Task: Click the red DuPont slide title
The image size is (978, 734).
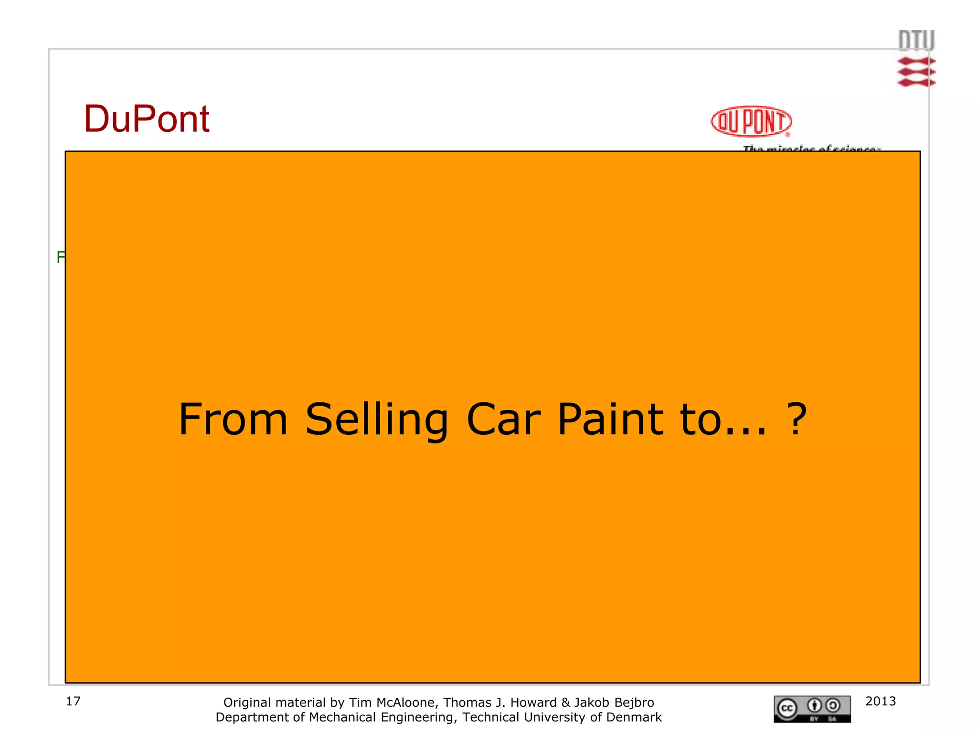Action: click(x=147, y=119)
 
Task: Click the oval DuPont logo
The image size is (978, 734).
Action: click(x=751, y=121)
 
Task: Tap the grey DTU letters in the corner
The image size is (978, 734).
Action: click(x=916, y=41)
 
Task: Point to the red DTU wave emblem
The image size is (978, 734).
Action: click(x=916, y=72)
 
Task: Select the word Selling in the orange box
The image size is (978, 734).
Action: click(x=377, y=419)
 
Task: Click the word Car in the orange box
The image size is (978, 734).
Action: click(x=503, y=419)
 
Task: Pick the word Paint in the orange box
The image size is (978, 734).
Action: click(x=610, y=419)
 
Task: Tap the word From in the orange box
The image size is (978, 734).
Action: click(x=233, y=419)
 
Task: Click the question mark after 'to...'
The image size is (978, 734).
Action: click(x=797, y=419)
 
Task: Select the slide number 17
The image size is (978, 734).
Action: click(x=73, y=701)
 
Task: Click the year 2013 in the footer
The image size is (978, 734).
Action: click(x=881, y=701)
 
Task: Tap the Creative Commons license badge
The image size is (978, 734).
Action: click(x=812, y=709)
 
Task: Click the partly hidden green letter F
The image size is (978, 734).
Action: click(x=61, y=257)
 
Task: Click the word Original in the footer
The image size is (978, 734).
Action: click(x=248, y=702)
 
